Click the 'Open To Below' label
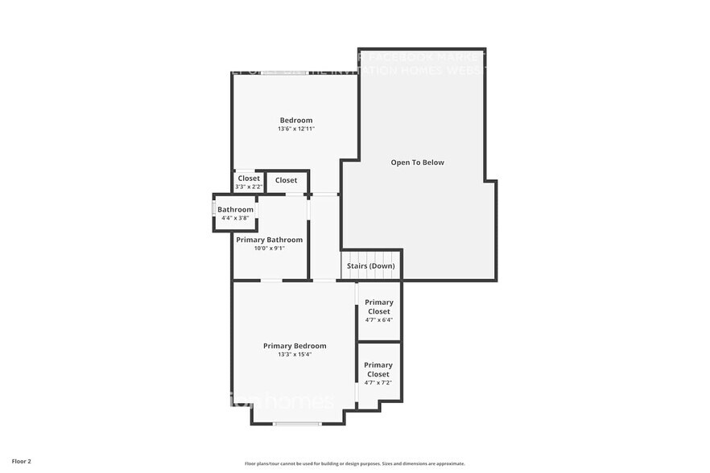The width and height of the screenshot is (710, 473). click(417, 162)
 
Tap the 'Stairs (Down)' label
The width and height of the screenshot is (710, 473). click(370, 265)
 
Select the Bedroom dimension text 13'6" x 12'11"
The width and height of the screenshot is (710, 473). click(295, 129)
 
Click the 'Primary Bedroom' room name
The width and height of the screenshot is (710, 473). click(295, 346)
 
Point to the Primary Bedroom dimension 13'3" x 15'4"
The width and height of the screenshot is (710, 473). click(295, 355)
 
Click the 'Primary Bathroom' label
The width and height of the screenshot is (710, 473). click(269, 240)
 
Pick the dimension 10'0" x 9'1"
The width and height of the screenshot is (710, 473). click(269, 249)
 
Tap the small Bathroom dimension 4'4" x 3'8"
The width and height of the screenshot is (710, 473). click(235, 218)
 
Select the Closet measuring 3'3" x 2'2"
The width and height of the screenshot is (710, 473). click(249, 183)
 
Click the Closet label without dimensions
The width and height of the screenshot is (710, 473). click(286, 180)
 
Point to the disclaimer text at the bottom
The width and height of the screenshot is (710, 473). click(354, 463)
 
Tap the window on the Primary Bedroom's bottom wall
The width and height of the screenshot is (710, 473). click(297, 423)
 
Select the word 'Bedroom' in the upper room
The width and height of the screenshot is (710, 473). click(295, 121)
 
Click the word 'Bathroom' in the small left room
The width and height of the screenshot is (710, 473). click(235, 210)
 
